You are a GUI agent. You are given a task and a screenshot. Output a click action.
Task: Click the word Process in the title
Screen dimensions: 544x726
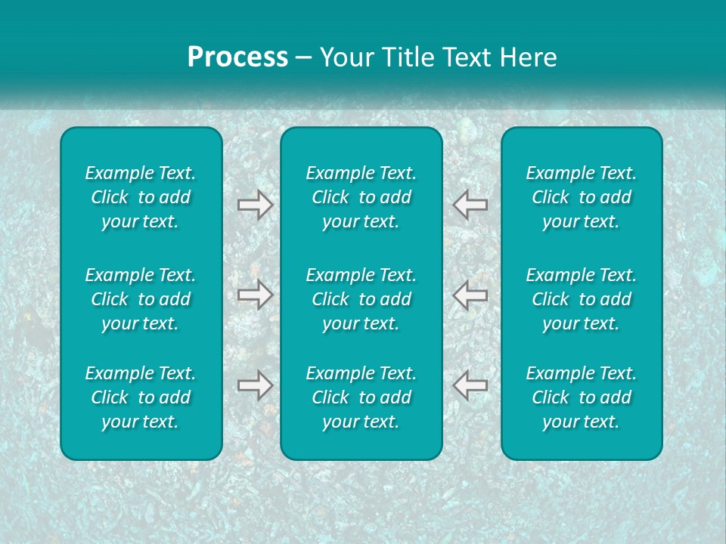(x=237, y=57)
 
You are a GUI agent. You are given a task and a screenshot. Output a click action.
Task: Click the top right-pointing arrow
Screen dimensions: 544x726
(x=255, y=204)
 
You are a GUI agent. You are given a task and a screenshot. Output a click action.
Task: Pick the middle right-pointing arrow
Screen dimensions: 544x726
(x=255, y=294)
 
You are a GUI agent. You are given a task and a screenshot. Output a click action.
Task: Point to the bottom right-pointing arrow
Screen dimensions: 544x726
(x=255, y=385)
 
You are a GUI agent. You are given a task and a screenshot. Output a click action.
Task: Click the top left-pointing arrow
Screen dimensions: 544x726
(x=470, y=204)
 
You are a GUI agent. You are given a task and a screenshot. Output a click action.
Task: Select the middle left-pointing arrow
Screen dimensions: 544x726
(x=470, y=294)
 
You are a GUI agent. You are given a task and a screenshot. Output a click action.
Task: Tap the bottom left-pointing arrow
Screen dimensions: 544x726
(x=470, y=385)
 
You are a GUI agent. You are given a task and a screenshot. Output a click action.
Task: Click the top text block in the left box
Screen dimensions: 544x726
(x=141, y=197)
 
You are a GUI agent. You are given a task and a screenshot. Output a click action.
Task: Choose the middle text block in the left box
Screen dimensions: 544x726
(x=141, y=299)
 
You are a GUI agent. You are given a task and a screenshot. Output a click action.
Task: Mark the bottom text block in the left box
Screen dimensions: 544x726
(x=141, y=397)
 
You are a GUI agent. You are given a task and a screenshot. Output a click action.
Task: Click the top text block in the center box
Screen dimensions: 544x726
(x=361, y=197)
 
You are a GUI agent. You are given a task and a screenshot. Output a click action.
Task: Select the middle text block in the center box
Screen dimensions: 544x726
(x=361, y=299)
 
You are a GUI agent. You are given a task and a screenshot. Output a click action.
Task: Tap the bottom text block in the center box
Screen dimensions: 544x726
(x=361, y=397)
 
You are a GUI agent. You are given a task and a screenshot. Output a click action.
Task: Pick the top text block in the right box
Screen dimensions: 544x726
(x=582, y=197)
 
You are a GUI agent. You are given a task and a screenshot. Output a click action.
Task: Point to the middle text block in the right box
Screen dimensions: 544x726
(x=582, y=299)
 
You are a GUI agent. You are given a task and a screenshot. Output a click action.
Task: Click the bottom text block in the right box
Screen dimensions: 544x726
(x=582, y=397)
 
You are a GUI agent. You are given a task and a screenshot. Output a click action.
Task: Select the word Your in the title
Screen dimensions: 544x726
(x=345, y=57)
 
